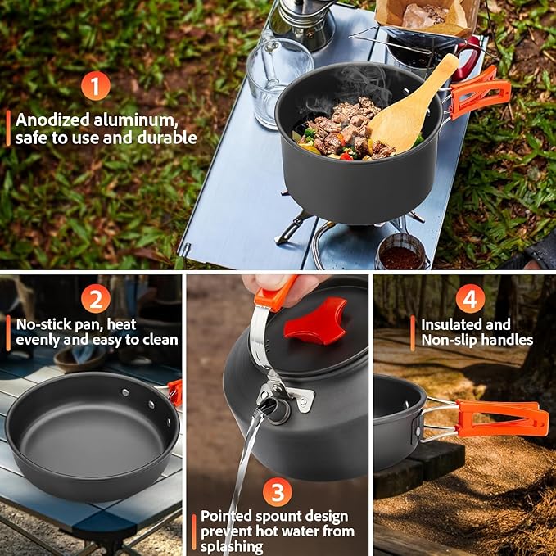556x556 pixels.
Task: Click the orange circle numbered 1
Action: pos(96,86)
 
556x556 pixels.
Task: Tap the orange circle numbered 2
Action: pos(96,298)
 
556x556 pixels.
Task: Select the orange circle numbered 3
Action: pos(279,492)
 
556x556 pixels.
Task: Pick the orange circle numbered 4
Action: pos(469,298)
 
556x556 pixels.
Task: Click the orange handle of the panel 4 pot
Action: pos(499,418)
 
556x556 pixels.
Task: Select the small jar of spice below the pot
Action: pos(401,253)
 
